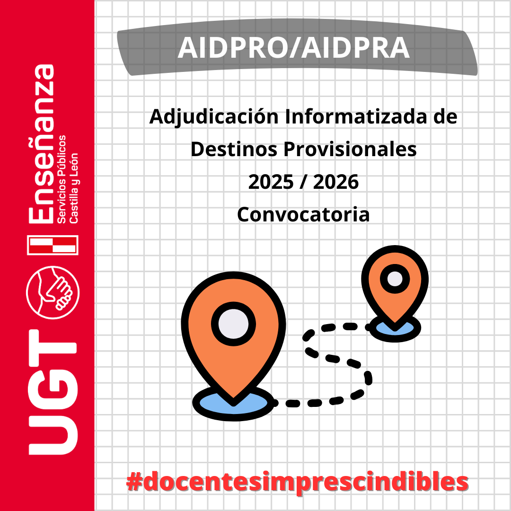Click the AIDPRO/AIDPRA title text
point(294,48)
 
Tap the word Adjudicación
point(214,117)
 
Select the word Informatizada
point(355,116)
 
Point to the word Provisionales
point(350,149)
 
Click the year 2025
point(271,182)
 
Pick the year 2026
point(335,182)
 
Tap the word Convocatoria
point(303,215)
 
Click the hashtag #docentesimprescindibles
point(297,482)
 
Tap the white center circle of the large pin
point(233,324)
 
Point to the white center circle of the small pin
point(395,279)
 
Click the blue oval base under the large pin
point(233,404)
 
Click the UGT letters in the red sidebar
point(53,392)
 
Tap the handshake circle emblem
point(53,292)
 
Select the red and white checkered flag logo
point(53,245)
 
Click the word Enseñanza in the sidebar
point(41,144)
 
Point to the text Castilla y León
point(74,188)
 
